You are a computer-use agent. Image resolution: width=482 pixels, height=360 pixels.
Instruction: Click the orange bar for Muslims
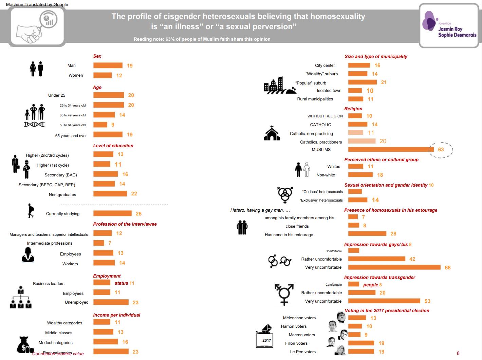pos(389,149)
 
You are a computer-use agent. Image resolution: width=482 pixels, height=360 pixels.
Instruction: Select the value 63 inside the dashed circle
pos(441,149)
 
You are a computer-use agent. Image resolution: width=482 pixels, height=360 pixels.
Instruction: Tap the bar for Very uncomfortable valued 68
pos(394,267)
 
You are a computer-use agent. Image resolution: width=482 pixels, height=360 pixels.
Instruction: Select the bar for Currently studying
pos(112,213)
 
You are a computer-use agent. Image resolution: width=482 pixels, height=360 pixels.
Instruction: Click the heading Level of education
pos(113,146)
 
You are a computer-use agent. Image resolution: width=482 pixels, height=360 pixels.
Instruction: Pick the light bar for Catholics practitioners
pos(362,141)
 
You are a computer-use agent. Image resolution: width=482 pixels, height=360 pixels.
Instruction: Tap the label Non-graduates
pos(62,195)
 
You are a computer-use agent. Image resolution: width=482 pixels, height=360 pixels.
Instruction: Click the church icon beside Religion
pos(272,133)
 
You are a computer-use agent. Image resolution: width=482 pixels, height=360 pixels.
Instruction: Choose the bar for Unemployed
pos(111,302)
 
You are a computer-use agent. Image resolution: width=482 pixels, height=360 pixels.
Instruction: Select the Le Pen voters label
pos(303,352)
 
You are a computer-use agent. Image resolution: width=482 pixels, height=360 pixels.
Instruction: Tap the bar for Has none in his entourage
pos(367,233)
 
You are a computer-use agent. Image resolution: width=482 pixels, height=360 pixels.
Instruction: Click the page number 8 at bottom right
pos(458,353)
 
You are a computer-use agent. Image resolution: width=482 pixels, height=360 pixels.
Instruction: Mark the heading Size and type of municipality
pos(376,56)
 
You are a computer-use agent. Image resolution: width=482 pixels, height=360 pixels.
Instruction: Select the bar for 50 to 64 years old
pos(100,125)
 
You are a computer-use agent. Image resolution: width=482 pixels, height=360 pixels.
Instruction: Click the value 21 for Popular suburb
pos(384,82)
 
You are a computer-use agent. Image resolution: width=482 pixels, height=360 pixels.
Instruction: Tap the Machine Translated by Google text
pos(37,4)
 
